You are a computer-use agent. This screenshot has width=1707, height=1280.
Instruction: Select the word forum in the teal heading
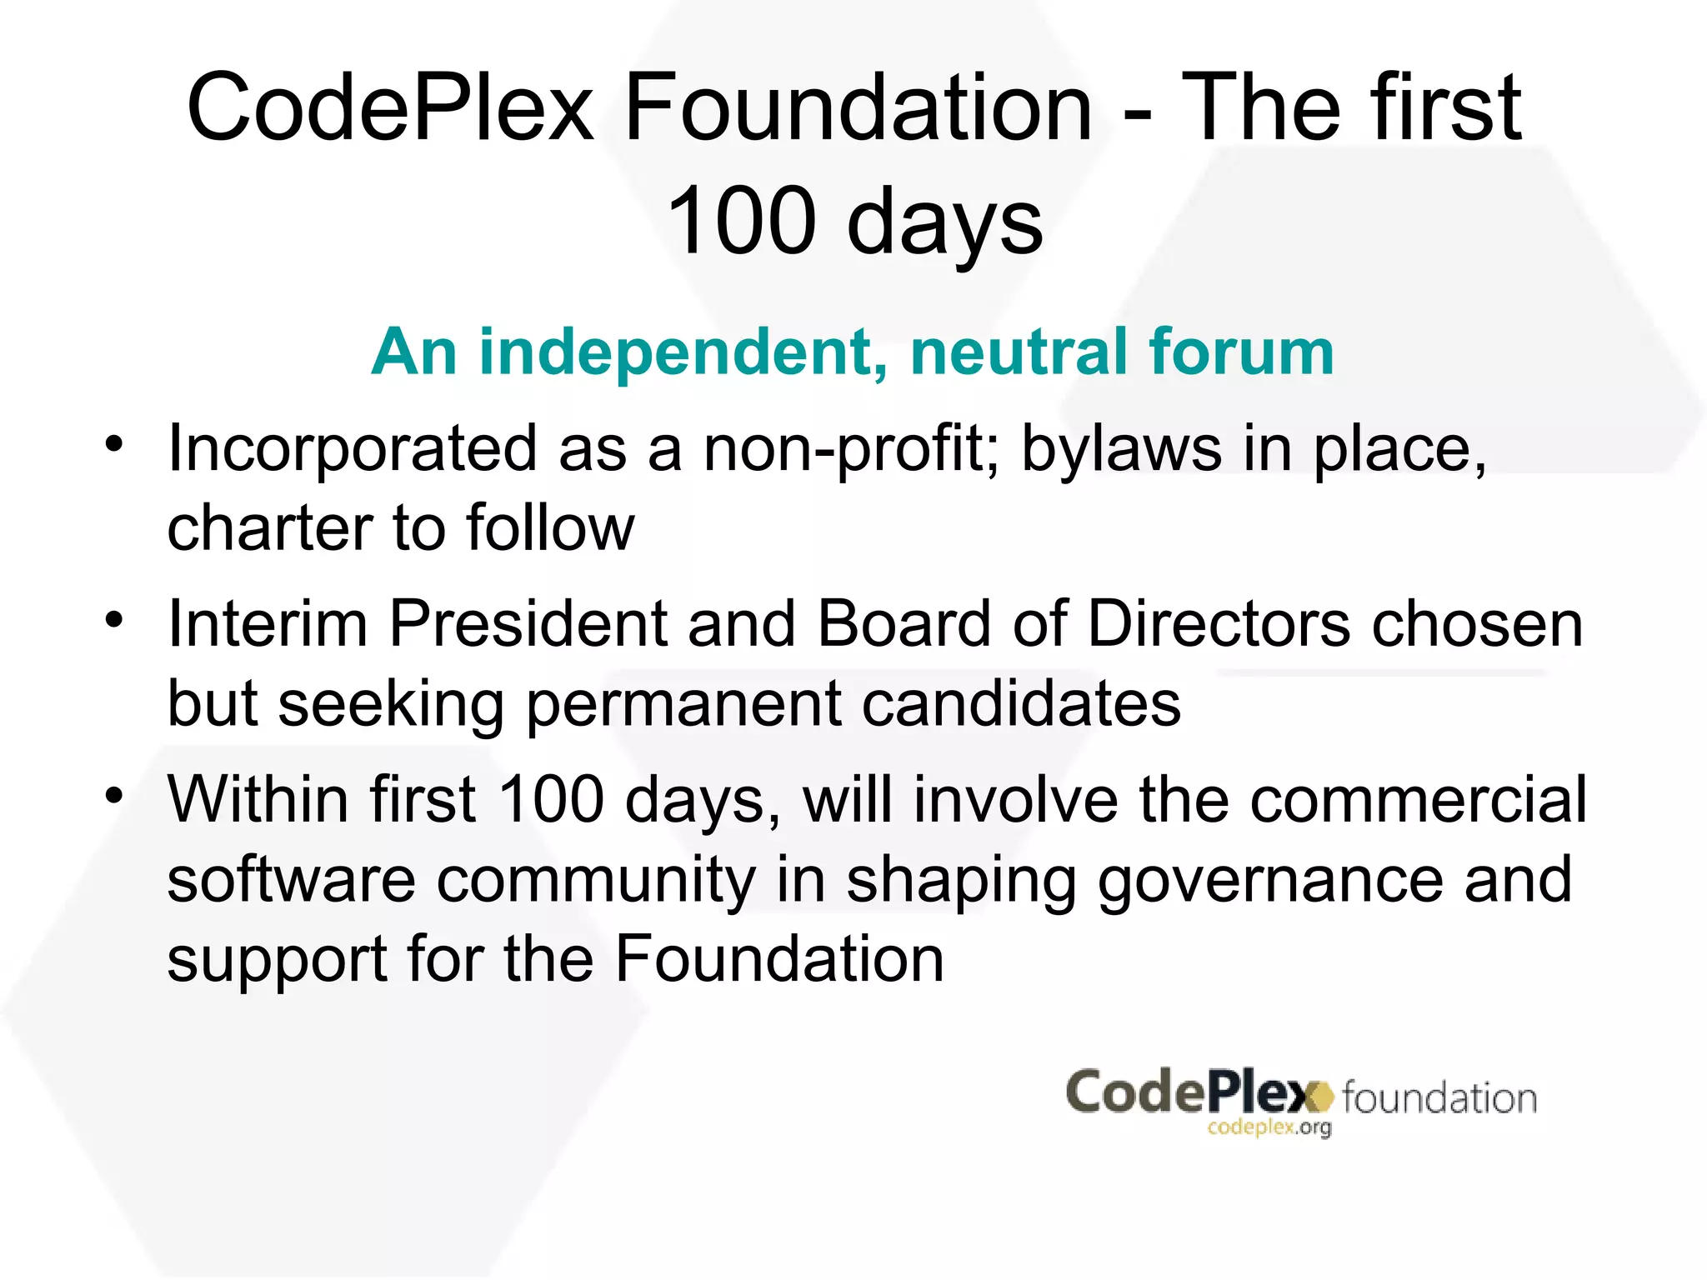click(x=1242, y=352)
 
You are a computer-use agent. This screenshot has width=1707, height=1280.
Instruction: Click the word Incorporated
click(x=352, y=450)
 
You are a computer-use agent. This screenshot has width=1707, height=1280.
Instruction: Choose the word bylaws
click(x=1122, y=450)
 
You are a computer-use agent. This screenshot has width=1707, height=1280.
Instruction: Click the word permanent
click(x=683, y=705)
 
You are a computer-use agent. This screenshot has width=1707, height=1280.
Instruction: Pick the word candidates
click(x=1020, y=703)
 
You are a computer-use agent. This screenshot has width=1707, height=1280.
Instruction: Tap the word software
click(x=292, y=880)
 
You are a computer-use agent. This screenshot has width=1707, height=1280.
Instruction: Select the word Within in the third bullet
click(x=258, y=800)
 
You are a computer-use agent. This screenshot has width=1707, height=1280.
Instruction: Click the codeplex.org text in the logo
click(x=1269, y=1127)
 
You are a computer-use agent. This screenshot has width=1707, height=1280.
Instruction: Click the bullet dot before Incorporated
click(x=114, y=443)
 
